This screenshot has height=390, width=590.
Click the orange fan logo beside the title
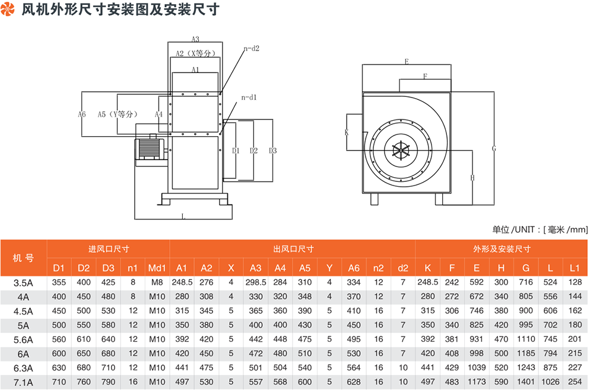pos(9,10)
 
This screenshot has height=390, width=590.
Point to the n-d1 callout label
pos(249,97)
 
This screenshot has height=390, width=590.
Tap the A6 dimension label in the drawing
pos(82,114)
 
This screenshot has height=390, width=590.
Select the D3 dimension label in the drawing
pos(272,150)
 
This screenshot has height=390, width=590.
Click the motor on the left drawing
pos(149,149)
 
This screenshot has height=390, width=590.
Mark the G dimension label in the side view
pos(493,149)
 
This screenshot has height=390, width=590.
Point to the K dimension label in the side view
pos(346,133)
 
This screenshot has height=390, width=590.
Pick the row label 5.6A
pos(23,339)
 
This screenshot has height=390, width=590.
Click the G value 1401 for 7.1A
pos(526,382)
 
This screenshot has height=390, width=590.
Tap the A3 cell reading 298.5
pos(256,282)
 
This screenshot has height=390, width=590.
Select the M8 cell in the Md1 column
pos(157,282)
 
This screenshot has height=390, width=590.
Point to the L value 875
pos(550,367)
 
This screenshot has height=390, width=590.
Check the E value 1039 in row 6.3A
pos(477,367)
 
